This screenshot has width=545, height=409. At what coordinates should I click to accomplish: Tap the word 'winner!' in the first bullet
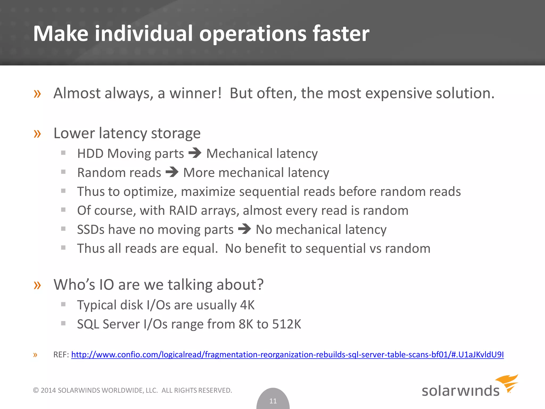[196, 93]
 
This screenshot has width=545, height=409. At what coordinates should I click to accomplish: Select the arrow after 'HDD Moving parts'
[195, 153]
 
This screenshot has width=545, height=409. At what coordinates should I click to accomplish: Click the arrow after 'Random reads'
[172, 172]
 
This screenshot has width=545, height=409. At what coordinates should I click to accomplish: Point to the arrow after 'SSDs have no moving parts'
[244, 229]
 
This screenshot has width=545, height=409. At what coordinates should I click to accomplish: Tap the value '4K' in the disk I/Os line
[247, 305]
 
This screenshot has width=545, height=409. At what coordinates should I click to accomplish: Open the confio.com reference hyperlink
[287, 355]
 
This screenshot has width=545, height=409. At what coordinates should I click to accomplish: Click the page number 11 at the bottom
[273, 401]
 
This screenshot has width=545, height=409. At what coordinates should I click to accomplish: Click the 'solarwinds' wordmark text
[460, 391]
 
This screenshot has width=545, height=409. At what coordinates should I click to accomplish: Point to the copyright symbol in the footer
[36, 390]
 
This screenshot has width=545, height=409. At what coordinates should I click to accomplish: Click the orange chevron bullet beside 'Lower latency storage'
[37, 134]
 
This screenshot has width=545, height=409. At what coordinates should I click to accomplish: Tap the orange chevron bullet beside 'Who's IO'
[37, 285]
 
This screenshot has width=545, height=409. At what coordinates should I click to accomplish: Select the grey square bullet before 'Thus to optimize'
[63, 191]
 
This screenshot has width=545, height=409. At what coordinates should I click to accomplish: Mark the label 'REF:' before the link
[61, 355]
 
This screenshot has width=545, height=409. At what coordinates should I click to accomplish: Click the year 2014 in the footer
[48, 390]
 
